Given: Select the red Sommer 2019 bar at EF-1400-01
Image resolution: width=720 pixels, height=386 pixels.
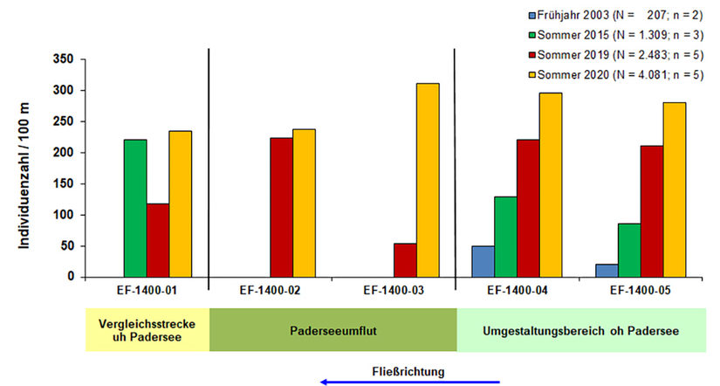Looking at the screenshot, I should coord(158,240).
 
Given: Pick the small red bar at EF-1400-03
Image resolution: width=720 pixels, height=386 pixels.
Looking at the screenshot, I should coord(405,260).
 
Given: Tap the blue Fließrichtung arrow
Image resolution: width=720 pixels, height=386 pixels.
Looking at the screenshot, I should coord(410,382).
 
